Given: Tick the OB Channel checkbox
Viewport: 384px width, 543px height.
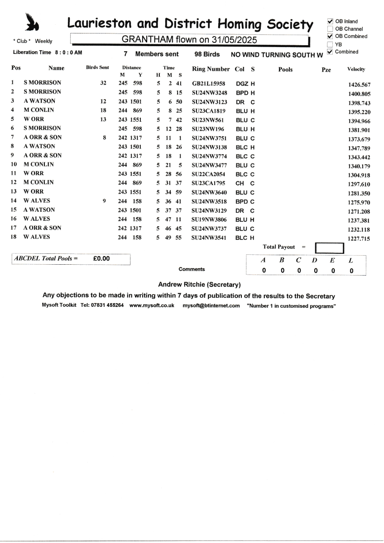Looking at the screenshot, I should [x=330, y=29].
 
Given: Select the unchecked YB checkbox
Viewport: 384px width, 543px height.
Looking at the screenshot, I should [x=330, y=44].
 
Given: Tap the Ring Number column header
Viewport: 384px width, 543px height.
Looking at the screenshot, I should [x=211, y=69].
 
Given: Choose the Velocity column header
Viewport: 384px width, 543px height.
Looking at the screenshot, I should [x=356, y=70].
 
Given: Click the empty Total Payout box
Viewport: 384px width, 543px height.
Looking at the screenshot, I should [x=329, y=248].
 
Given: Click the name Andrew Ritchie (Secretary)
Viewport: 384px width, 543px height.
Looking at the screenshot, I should [x=199, y=285].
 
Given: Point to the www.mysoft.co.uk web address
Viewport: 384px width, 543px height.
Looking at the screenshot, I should [x=152, y=305].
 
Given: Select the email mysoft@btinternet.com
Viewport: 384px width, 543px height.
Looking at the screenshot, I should [x=211, y=305].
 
